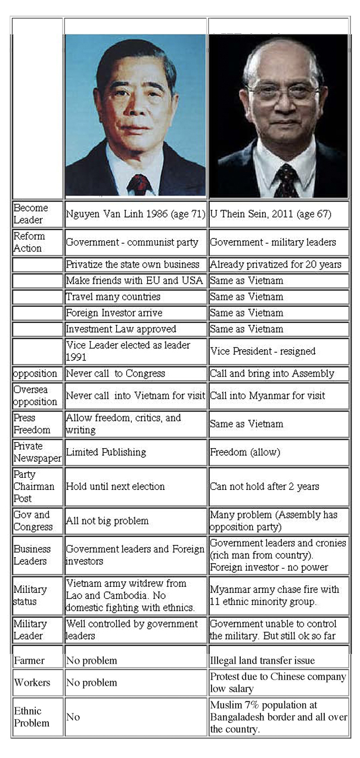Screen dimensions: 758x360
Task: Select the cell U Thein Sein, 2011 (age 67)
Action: click(278, 214)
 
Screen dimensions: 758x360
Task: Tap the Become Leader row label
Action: click(38, 214)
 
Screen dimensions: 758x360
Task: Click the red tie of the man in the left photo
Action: click(138, 184)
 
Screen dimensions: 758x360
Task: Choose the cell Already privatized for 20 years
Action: click(278, 265)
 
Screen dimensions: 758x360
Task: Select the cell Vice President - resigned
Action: click(278, 352)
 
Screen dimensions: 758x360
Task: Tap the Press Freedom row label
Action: click(38, 424)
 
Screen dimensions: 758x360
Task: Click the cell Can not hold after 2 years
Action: click(278, 486)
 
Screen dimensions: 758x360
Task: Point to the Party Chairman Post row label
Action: click(38, 486)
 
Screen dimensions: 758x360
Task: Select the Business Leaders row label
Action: click(38, 555)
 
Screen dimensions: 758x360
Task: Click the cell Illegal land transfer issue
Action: click(278, 660)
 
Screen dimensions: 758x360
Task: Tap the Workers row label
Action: click(38, 682)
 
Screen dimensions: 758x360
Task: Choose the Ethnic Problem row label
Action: click(38, 717)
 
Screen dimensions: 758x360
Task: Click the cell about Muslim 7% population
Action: click(278, 717)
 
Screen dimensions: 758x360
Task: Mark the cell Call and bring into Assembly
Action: click(278, 374)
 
